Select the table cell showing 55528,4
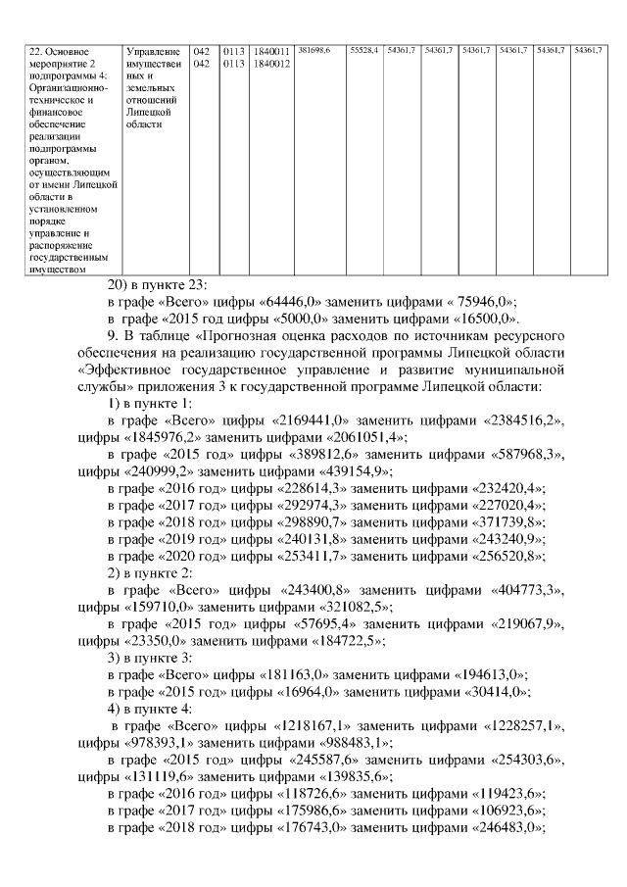(x=364, y=49)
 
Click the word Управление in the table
(x=154, y=50)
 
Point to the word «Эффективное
(x=121, y=371)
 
